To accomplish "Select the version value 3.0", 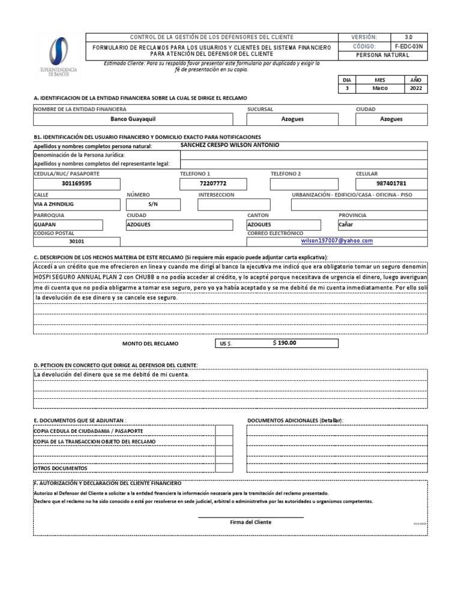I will click(409, 37).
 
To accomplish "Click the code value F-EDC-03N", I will click(409, 46).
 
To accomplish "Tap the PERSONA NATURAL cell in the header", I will click(382, 55).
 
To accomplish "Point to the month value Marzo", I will click(380, 88).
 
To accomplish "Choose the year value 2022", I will click(416, 88).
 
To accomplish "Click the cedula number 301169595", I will click(77, 184).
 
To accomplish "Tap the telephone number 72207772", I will click(212, 184).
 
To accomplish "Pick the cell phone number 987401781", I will click(391, 184).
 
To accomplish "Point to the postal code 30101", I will click(77, 242).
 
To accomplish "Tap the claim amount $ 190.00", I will click(284, 343).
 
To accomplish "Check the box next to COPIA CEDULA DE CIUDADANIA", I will click(223, 431).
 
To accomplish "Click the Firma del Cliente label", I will click(250, 522).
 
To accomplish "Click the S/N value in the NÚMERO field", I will click(152, 204).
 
